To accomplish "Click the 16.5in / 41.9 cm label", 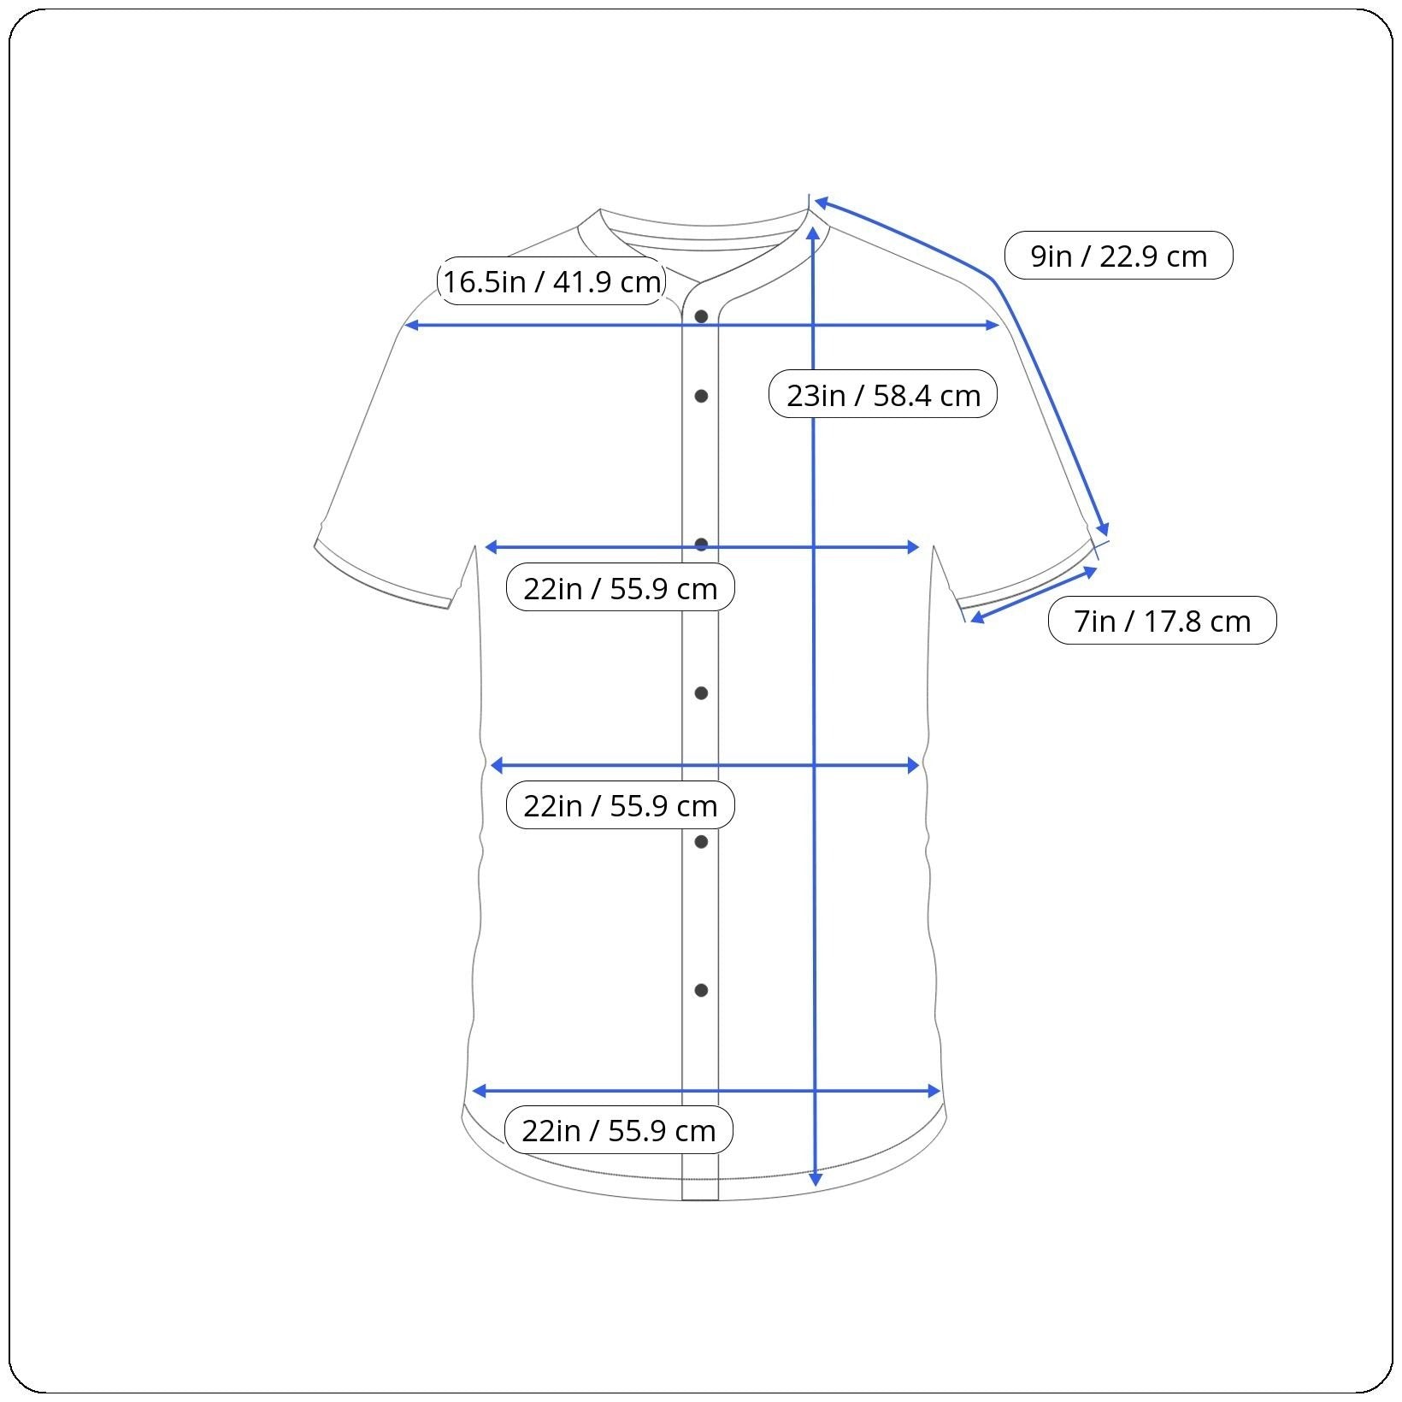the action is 551,281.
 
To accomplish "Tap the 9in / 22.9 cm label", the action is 1118,256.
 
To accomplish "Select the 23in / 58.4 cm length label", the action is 883,394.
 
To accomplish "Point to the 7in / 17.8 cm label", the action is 1162,621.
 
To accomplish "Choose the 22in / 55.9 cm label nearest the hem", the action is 619,1130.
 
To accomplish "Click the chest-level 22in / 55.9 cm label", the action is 621,587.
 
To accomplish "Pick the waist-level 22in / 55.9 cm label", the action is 621,805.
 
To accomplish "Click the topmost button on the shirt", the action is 701,316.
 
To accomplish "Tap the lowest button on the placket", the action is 701,990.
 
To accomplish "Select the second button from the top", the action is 701,396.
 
